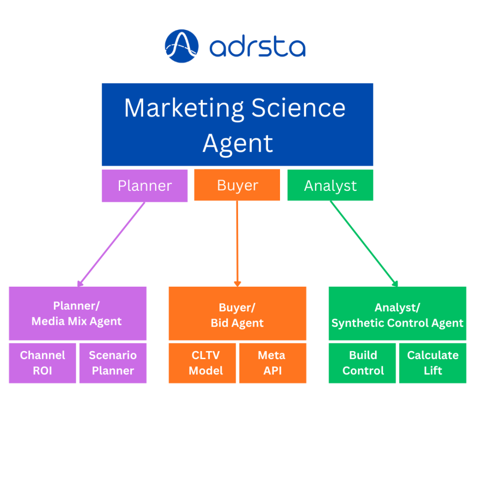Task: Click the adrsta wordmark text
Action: pyautogui.click(x=257, y=48)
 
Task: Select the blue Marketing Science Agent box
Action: pyautogui.click(x=237, y=124)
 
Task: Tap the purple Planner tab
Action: pyautogui.click(x=145, y=186)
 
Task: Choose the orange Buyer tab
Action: pyautogui.click(x=237, y=185)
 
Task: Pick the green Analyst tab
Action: pyautogui.click(x=330, y=186)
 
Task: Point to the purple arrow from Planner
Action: pyautogui.click(x=112, y=243)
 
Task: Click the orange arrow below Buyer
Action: pyautogui.click(x=237, y=243)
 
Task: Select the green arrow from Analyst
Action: pyautogui.click(x=363, y=243)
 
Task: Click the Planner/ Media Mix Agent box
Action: pyautogui.click(x=77, y=313)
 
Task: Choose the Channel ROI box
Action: pyautogui.click(x=42, y=363)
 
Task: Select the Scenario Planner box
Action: pyautogui.click(x=113, y=363)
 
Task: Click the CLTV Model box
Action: pyautogui.click(x=202, y=363)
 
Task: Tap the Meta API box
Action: pyautogui.click(x=272, y=363)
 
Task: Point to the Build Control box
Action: pyautogui.click(x=363, y=363)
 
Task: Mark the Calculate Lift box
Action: pyautogui.click(x=432, y=363)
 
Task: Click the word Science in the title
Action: pyautogui.click(x=298, y=108)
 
